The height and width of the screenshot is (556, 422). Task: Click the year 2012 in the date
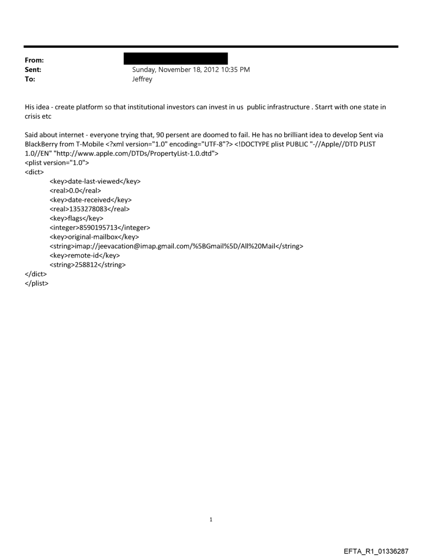[x=209, y=69]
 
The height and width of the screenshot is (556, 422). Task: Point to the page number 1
[x=211, y=519]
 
